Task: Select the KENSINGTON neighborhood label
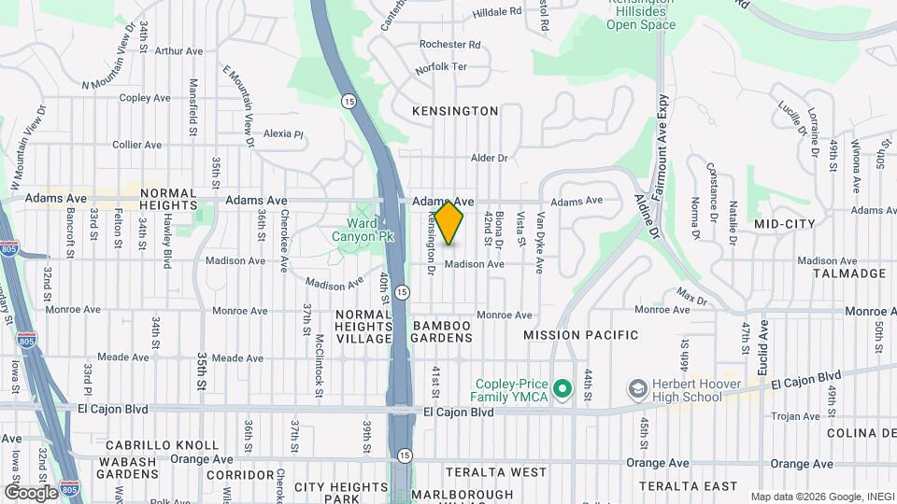point(455,111)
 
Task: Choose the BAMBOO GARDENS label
point(442,332)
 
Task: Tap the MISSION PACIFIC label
point(580,335)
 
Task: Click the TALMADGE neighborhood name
point(848,273)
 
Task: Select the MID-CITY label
point(784,224)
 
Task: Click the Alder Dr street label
point(489,159)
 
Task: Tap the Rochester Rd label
point(449,44)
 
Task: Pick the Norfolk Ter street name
point(441,67)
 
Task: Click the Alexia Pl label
point(283,133)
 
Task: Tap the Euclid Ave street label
point(763,343)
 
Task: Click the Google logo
point(31,492)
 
